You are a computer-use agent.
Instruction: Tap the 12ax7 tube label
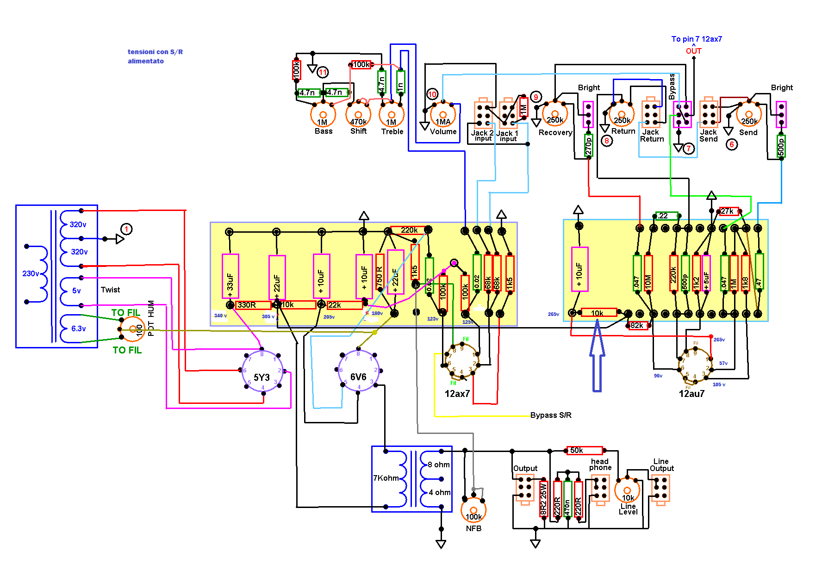coord(457,394)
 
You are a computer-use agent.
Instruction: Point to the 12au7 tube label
coord(691,394)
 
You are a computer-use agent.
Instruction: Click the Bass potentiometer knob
coord(323,114)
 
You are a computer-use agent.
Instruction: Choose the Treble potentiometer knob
coord(392,114)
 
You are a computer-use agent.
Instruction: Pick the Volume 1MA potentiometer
coord(443,115)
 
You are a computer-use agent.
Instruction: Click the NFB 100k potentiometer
coord(473,510)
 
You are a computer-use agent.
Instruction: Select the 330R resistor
coord(253,305)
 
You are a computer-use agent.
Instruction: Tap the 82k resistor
coord(638,325)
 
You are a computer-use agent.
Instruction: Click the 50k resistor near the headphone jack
coord(585,450)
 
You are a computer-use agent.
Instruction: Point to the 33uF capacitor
coord(230,277)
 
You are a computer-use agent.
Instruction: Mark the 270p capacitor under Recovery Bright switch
coord(588,146)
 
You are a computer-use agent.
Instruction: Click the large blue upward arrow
coord(597,356)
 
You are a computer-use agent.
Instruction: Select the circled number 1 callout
coord(126,229)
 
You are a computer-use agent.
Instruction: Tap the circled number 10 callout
coord(432,94)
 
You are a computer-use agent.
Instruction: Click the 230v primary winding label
coord(31,273)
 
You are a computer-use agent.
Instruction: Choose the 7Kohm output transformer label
coord(386,478)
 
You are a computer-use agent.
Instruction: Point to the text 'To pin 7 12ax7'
coord(696,39)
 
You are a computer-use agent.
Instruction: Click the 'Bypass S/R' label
coord(550,415)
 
